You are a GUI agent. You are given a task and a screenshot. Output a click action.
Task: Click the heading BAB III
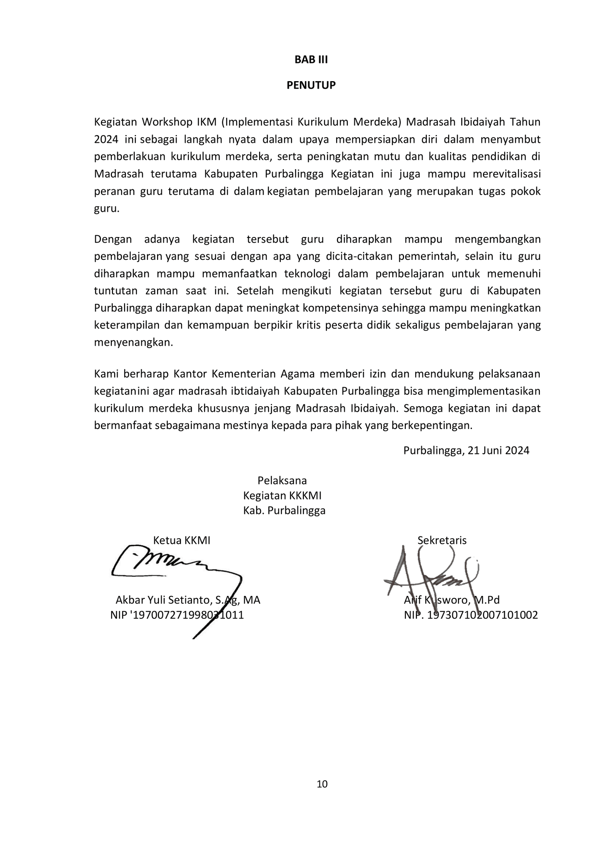click(x=311, y=60)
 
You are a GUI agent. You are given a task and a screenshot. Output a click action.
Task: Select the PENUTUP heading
click(x=311, y=85)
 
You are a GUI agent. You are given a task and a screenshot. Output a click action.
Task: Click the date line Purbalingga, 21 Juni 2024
click(x=466, y=450)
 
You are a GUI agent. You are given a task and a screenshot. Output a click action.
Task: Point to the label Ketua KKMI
click(x=181, y=540)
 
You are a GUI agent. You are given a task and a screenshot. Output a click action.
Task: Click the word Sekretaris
click(x=442, y=540)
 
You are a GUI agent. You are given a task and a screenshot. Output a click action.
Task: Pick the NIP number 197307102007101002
click(x=482, y=615)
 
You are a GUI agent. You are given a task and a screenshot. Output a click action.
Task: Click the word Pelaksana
click(x=282, y=481)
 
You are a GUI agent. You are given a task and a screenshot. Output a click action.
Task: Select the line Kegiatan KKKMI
click(x=282, y=495)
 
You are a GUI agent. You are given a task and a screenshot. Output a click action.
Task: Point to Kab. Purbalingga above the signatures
click(x=284, y=511)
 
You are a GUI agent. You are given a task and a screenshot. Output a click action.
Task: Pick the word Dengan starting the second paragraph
click(x=113, y=239)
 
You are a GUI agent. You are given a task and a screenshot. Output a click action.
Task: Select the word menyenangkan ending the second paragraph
click(x=133, y=343)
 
